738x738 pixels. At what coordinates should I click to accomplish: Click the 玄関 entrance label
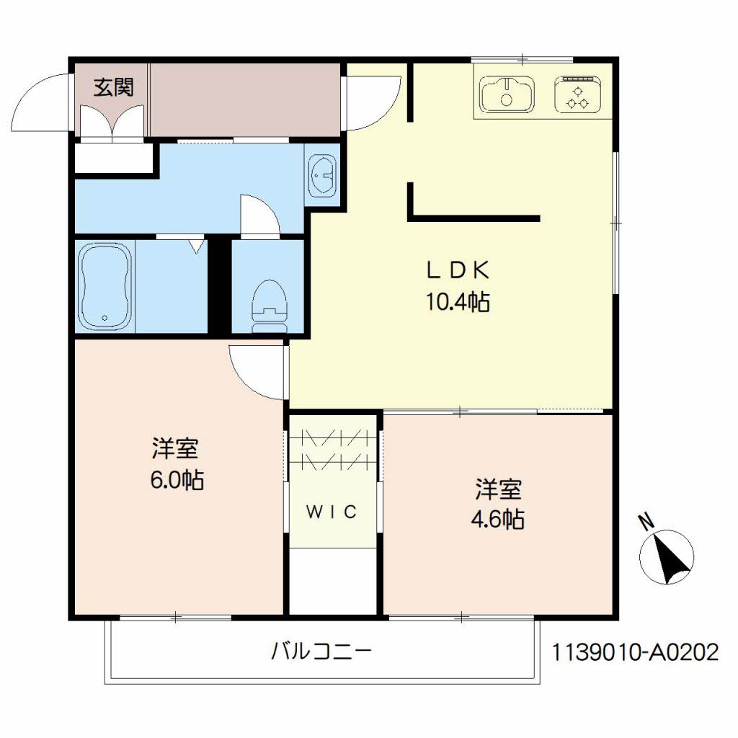113,88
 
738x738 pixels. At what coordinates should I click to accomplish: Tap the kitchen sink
507,94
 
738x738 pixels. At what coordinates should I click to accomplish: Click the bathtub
105,286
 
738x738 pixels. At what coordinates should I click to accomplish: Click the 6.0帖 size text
176,479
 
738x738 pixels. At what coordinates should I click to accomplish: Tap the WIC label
332,512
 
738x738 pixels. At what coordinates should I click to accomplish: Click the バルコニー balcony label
321,653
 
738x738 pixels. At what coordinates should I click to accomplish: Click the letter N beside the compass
646,521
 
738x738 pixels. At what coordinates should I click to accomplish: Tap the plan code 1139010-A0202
635,653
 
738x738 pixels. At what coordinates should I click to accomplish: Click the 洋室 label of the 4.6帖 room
498,489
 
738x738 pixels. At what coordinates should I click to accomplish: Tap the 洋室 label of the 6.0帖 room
175,449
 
